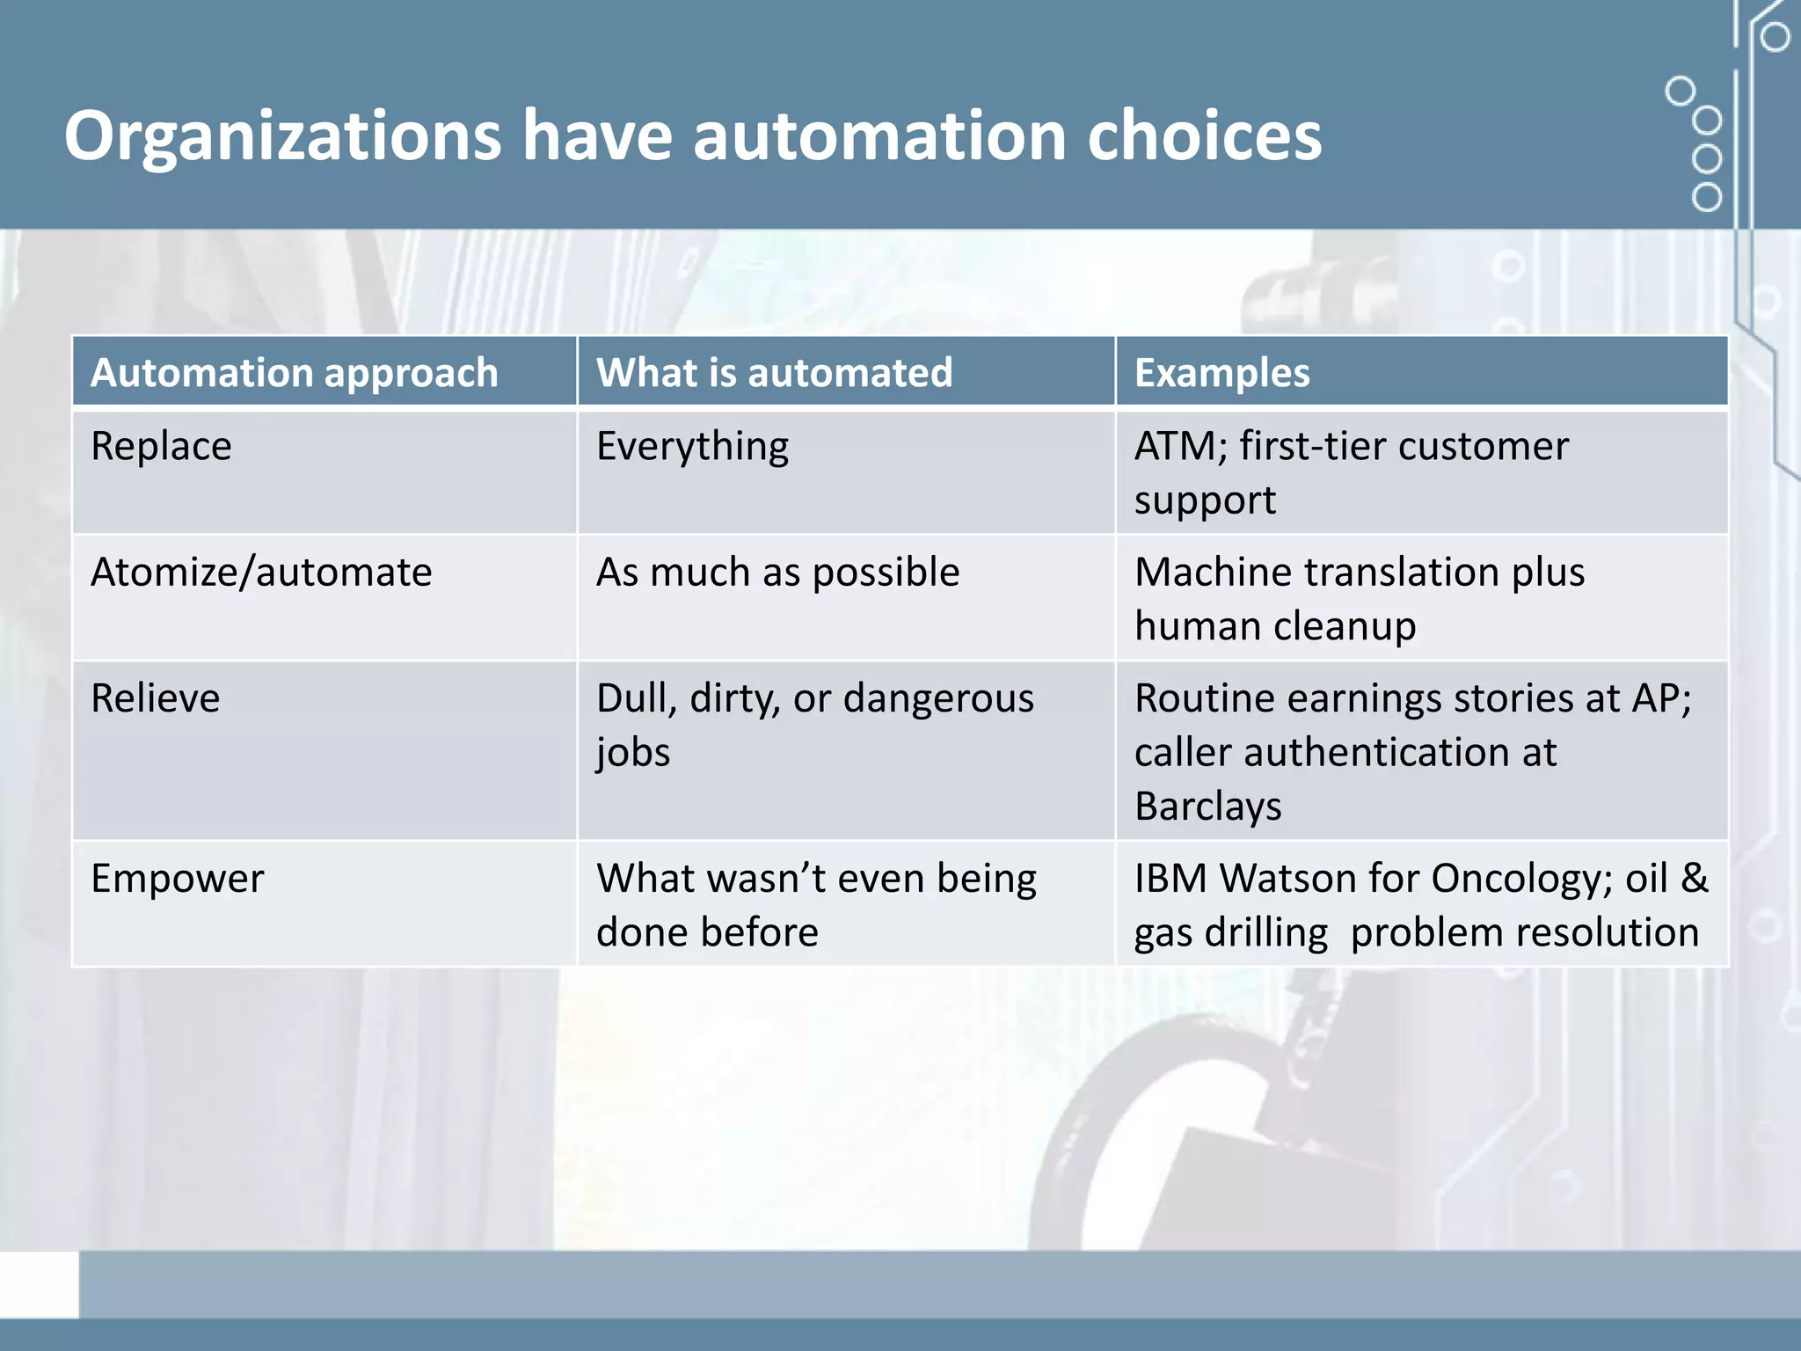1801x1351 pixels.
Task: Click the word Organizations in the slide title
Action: (282, 136)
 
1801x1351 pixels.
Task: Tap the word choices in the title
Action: (1204, 136)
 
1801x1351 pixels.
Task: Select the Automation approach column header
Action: (295, 372)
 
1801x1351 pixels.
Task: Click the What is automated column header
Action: (774, 372)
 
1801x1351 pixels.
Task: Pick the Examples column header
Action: (1221, 372)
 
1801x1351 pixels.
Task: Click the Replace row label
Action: (161, 446)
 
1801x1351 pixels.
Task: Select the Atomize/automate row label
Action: (261, 572)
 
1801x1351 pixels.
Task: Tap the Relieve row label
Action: (155, 698)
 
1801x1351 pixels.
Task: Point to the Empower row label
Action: (177, 879)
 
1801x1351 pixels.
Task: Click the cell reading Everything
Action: (692, 447)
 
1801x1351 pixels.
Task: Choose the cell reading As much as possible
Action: (777, 573)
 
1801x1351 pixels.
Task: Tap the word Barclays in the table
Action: (1207, 807)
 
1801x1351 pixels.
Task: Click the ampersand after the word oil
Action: (1694, 879)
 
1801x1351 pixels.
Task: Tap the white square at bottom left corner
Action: (39, 1284)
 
